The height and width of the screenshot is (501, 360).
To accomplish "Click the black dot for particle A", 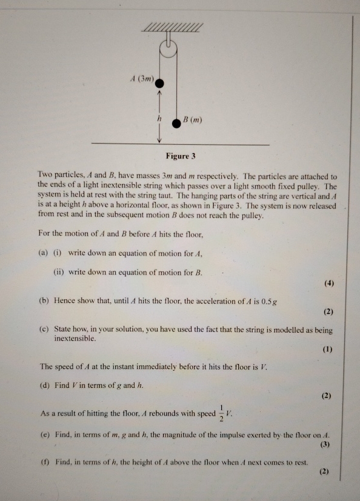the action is click(160, 80).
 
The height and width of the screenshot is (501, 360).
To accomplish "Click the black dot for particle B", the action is click(176, 122).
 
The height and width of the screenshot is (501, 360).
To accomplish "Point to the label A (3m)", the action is click(143, 78).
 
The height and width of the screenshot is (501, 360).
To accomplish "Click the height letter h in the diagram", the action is click(159, 119).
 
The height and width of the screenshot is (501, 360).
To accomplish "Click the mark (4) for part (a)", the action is click(328, 283).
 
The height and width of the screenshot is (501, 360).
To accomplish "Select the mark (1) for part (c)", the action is click(328, 350).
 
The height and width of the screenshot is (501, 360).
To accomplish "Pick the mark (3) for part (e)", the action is click(327, 445).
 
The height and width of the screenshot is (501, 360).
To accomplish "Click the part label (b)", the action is click(44, 300).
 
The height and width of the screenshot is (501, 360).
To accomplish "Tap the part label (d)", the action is click(44, 385).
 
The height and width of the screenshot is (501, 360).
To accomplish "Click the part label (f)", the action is click(44, 462).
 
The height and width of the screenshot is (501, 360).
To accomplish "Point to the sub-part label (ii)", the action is click(59, 272).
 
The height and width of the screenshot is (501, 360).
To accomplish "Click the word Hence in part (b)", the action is click(65, 300).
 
